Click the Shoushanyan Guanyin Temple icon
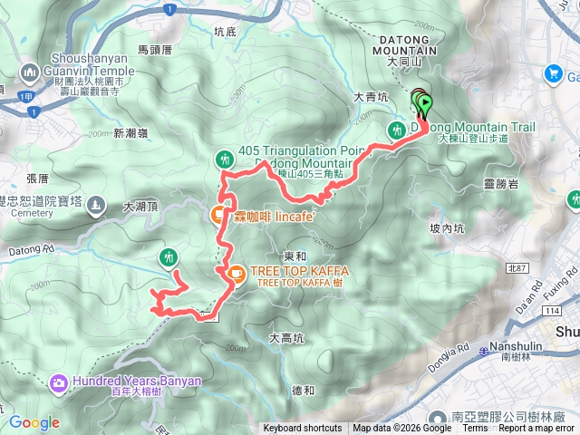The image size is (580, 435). click(x=29, y=71)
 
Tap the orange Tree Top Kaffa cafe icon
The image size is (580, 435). click(x=235, y=272)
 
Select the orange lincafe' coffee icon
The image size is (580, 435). click(x=218, y=215)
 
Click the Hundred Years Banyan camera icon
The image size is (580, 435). click(x=59, y=382)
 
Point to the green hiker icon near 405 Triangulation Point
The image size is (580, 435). click(x=225, y=160)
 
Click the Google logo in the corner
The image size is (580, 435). click(x=34, y=422)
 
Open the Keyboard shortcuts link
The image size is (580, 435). click(x=303, y=429)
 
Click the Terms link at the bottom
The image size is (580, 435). click(x=474, y=429)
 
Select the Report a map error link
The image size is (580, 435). click(x=536, y=429)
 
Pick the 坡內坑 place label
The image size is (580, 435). click(x=447, y=229)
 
